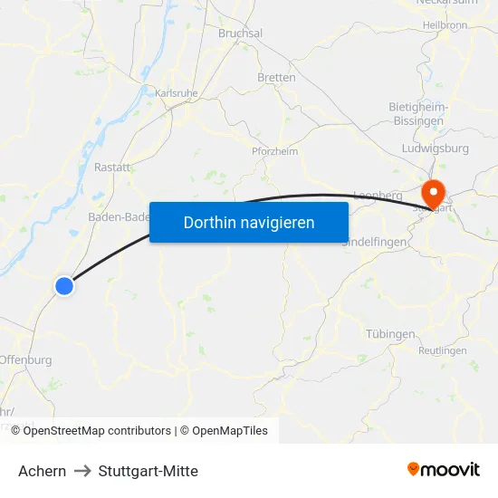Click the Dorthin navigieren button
point(249,222)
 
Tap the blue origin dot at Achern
point(64,286)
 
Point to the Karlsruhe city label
point(177,92)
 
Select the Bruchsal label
point(240,34)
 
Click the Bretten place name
point(276,78)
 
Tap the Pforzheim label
point(274,151)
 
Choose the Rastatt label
point(112,168)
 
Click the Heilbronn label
point(444,24)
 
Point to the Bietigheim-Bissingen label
point(417,113)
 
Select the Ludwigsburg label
point(434,148)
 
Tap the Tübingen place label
point(390,334)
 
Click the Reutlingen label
point(443,350)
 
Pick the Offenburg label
point(25,359)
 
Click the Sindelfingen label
point(375,242)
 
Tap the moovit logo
point(444,470)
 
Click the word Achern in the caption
point(42,471)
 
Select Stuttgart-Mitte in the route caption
point(148,471)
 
